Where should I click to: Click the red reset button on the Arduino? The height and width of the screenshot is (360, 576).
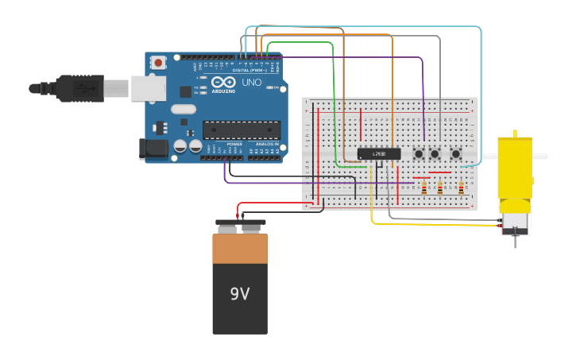tap(159, 62)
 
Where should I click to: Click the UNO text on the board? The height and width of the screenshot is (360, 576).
tap(251, 83)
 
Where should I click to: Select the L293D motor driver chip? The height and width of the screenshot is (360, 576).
tap(378, 153)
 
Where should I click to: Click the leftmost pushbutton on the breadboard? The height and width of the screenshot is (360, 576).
tap(418, 153)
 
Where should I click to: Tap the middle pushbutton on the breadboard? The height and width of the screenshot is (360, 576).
tap(435, 153)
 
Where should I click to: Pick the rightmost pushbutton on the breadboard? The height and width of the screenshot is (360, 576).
tap(456, 153)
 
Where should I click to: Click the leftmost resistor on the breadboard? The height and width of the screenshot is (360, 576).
tap(424, 188)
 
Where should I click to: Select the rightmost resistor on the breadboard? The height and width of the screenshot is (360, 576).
tap(462, 188)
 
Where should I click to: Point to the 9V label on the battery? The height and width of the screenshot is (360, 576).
tap(240, 294)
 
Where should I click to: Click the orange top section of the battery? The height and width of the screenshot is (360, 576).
tap(240, 248)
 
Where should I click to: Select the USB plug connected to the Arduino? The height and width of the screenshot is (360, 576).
tap(79, 87)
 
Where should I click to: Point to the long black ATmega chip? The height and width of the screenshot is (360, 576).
tap(242, 130)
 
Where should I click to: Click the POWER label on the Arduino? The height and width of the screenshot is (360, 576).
tap(234, 145)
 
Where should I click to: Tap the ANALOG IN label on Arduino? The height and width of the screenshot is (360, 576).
tap(265, 145)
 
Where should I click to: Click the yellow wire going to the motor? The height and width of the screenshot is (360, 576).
tap(429, 224)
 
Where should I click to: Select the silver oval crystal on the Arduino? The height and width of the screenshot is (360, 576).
tap(183, 110)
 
